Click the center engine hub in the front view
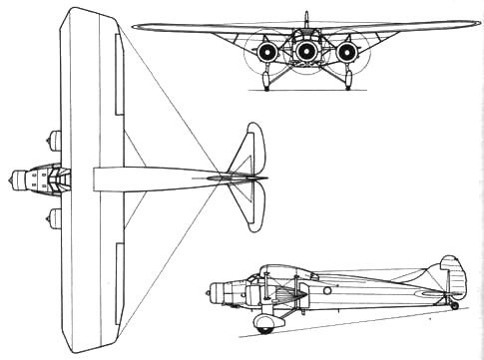click(x=306, y=50)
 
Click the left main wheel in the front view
click(x=265, y=85)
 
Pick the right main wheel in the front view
click(x=348, y=85)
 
